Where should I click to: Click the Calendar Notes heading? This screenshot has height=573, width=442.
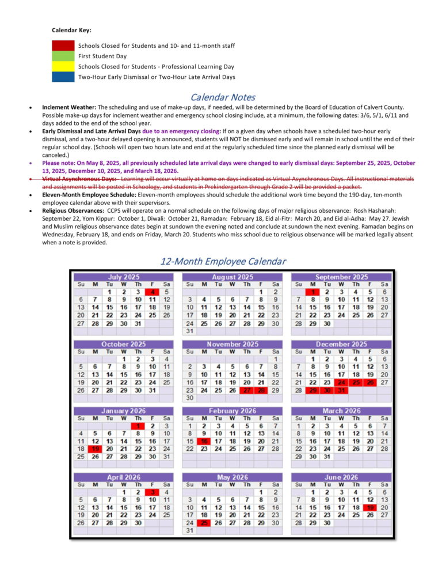(222, 97)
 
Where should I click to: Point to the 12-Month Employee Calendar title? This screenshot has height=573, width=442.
(222, 261)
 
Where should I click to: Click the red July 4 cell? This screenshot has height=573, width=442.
(152, 292)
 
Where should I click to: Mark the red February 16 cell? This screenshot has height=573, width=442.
(204, 441)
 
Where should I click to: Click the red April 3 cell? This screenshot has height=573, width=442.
(152, 492)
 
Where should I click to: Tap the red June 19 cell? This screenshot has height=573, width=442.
(369, 508)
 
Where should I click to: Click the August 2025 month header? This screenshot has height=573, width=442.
(233, 277)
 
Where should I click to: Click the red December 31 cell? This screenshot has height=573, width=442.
(342, 390)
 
